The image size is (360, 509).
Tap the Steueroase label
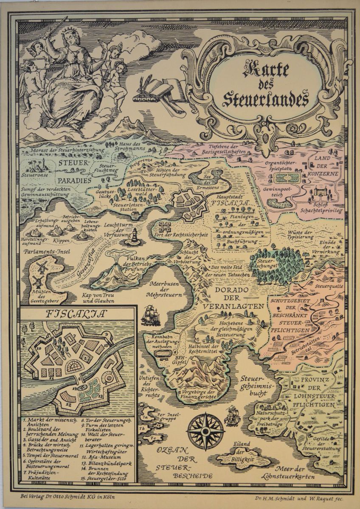click(x=33, y=174)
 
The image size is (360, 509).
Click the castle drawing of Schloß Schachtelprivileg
click(x=320, y=193)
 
